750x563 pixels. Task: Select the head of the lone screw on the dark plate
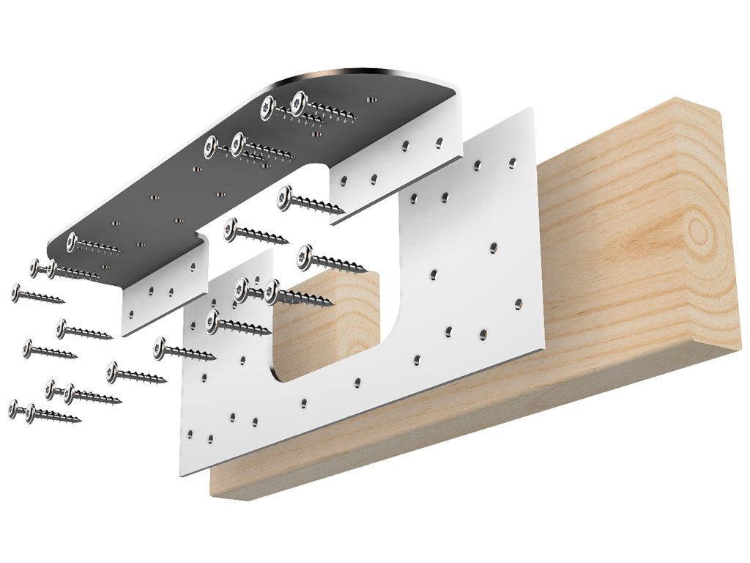(72, 240)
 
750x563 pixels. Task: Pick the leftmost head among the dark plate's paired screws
(211, 147)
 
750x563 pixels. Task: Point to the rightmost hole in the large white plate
(519, 302)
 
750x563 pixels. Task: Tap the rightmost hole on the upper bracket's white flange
(441, 140)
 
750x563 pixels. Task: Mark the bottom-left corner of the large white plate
(182, 476)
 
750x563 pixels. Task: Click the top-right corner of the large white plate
(533, 110)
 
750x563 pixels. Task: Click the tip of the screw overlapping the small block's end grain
(333, 302)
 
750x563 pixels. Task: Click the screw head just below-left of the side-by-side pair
(213, 317)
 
